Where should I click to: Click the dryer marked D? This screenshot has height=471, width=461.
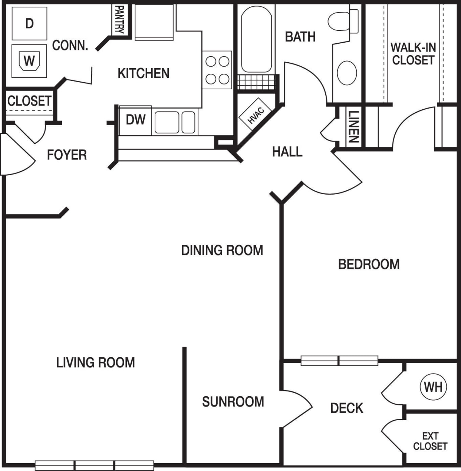(x=29, y=23)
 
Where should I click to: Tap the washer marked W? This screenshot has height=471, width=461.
(x=29, y=61)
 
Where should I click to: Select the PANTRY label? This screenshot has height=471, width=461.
(x=120, y=20)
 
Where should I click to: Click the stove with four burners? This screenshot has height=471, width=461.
(x=217, y=70)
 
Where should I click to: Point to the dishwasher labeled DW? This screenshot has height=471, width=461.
(x=135, y=120)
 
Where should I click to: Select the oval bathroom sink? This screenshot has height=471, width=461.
(x=347, y=73)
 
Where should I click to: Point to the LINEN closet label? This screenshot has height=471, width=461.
(x=353, y=127)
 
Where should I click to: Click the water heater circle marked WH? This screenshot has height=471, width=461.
(x=433, y=387)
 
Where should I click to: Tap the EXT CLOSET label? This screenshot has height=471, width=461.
(x=430, y=441)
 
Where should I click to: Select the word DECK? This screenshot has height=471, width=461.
(x=346, y=408)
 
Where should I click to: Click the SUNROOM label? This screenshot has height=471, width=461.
(x=233, y=402)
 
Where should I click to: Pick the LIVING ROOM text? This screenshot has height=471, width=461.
(x=95, y=362)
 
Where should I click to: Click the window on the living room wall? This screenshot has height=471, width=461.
(x=95, y=465)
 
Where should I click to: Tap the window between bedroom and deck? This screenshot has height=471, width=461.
(x=339, y=361)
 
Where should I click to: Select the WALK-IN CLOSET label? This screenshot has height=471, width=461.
(x=413, y=54)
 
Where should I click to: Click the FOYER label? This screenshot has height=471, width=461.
(x=67, y=155)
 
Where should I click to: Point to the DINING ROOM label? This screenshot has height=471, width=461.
(x=222, y=251)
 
